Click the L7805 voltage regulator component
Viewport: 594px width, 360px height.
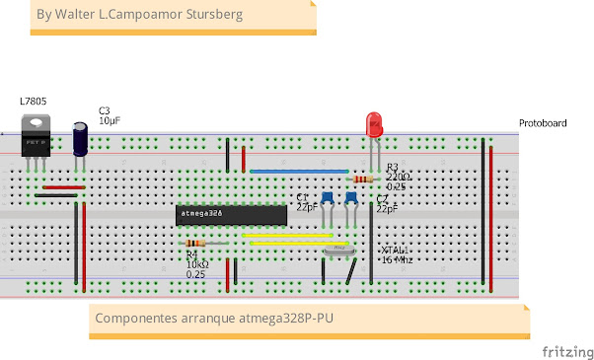coord(37,138)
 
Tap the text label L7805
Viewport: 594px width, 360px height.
coord(33,102)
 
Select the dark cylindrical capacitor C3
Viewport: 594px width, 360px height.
coord(81,139)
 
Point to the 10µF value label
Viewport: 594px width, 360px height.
coord(110,120)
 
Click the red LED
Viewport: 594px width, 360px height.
coord(375,125)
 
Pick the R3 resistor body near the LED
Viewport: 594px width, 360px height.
coord(362,180)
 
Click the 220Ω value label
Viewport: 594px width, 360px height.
coord(399,177)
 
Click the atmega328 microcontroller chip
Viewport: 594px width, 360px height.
coord(231,213)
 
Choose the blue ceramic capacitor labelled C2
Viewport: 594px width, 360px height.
coord(351,199)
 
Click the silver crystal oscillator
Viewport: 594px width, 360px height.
coord(338,250)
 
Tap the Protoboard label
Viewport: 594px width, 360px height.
coord(543,123)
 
